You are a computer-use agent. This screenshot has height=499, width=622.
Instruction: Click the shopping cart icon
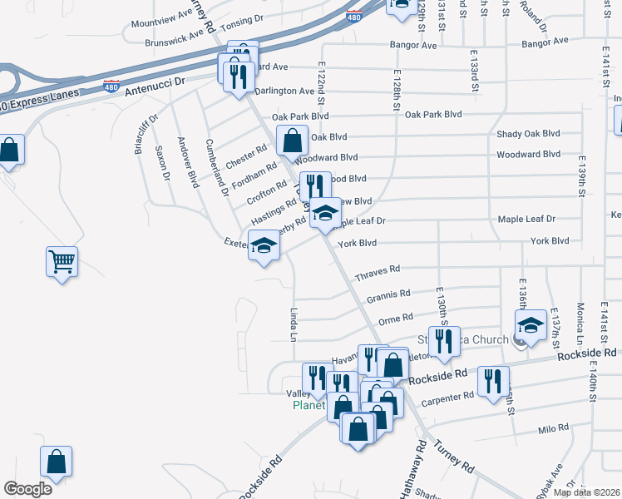point(62,262)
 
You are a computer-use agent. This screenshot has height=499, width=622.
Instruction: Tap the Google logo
point(27,489)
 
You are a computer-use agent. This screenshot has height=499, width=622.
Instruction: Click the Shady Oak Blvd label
point(528,134)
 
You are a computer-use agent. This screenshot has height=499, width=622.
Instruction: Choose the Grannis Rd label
point(388,294)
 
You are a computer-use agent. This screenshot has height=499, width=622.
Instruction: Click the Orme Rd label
point(395,318)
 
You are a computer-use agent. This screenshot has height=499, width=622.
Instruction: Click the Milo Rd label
point(546,429)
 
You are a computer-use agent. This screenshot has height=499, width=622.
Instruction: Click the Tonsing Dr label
point(241,17)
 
